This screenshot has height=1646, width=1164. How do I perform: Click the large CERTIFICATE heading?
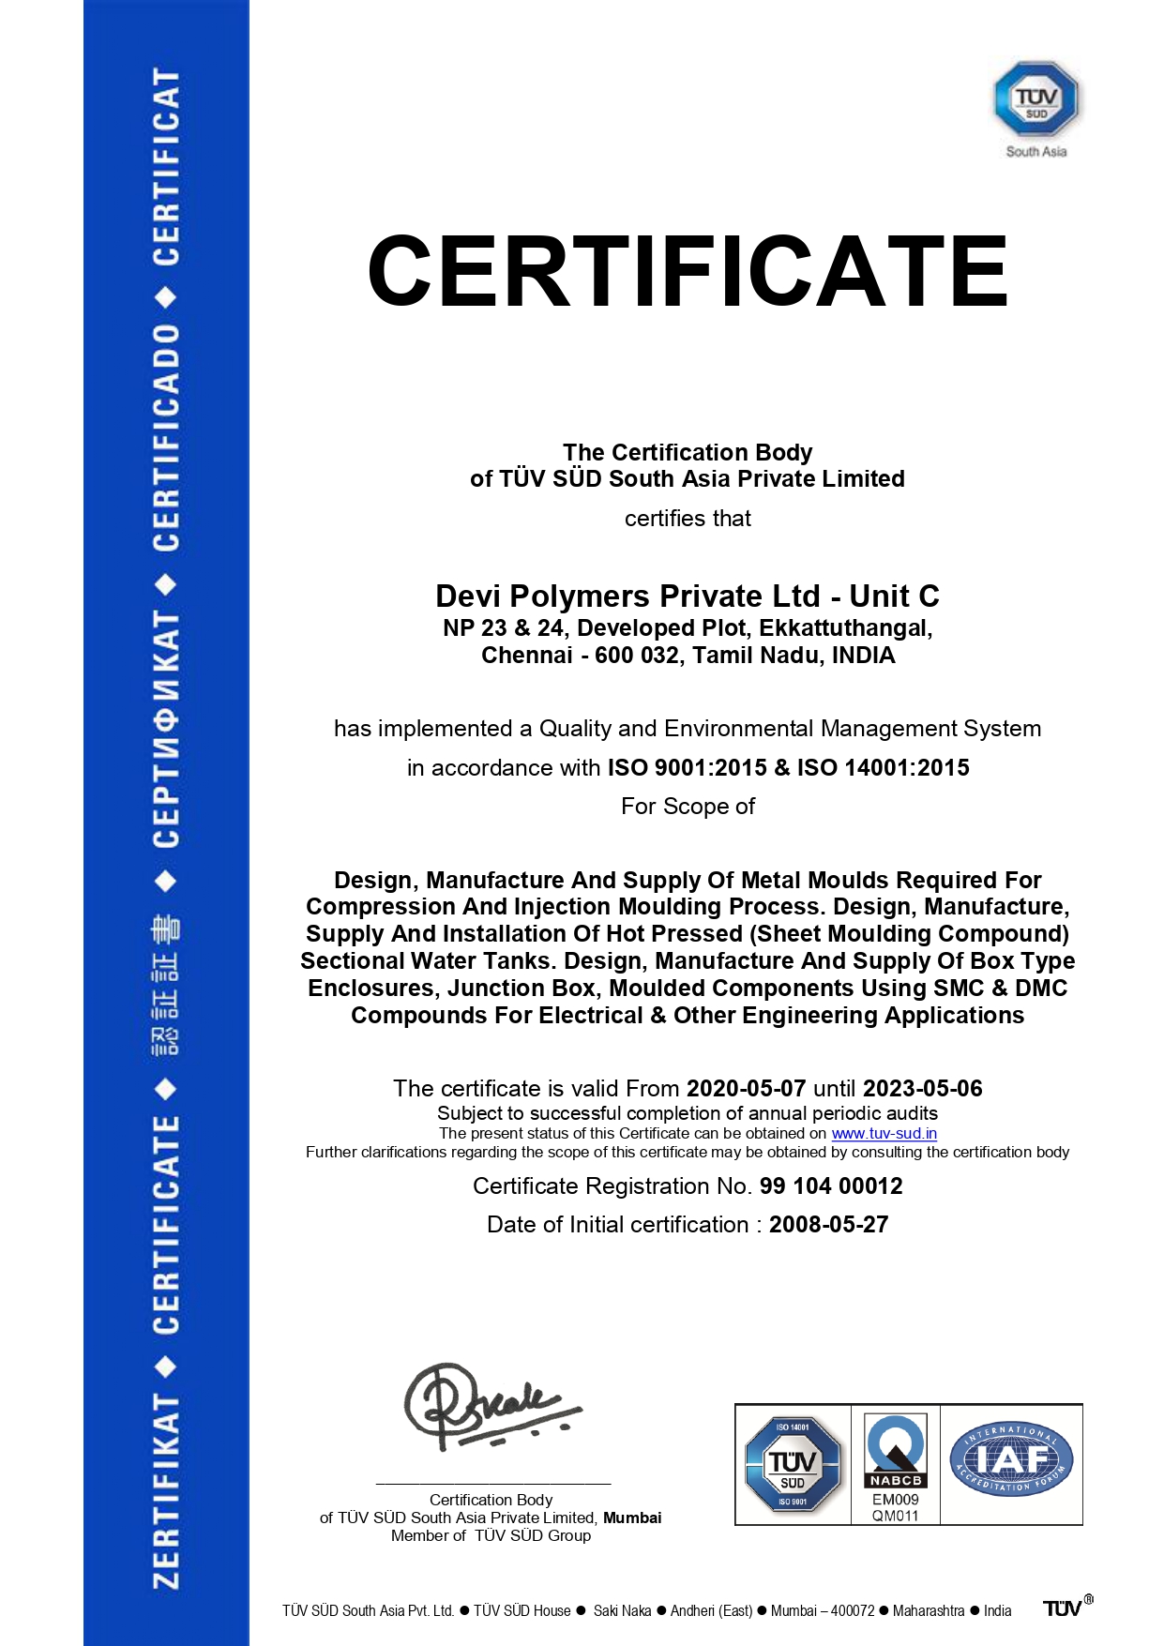(688, 271)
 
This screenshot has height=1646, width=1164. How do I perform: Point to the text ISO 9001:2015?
(687, 768)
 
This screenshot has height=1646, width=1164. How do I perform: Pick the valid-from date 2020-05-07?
(746, 1089)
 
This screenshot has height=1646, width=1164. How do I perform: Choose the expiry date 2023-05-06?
(922, 1089)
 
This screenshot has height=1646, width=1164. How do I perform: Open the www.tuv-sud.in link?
(884, 1134)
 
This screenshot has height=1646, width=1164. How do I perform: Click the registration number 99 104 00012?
(830, 1186)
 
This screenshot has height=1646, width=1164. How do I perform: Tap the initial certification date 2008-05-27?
(828, 1225)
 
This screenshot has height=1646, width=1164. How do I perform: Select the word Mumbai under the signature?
(632, 1518)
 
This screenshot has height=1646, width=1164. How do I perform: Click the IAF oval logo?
(1010, 1459)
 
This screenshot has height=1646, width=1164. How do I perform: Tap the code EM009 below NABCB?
(895, 1500)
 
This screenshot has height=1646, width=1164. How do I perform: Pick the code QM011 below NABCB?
(895, 1517)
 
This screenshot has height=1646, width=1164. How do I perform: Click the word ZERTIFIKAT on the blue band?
(166, 1491)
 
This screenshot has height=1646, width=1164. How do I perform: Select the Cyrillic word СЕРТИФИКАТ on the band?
(166, 730)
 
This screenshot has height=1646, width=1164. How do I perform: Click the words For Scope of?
(688, 807)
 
